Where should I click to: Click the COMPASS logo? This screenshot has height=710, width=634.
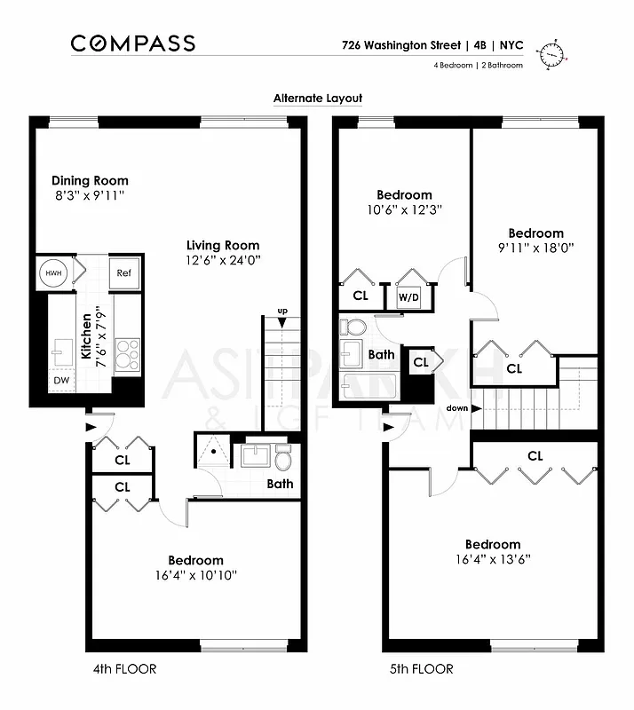click(x=132, y=43)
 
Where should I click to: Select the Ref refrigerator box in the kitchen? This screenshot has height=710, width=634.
click(x=123, y=272)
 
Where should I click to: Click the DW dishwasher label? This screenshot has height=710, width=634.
click(x=60, y=381)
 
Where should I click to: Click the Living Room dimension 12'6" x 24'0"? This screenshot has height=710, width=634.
click(x=223, y=260)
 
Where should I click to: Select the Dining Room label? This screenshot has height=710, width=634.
click(x=90, y=180)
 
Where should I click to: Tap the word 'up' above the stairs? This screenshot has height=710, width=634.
click(x=282, y=311)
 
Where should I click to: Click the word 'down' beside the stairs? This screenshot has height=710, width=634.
click(x=458, y=408)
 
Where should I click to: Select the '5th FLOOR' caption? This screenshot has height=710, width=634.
click(x=423, y=668)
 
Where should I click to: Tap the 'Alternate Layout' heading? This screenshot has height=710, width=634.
click(x=318, y=99)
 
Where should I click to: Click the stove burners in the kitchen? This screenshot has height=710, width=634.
click(x=127, y=353)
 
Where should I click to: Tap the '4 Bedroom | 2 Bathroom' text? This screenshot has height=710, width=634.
click(x=478, y=66)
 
